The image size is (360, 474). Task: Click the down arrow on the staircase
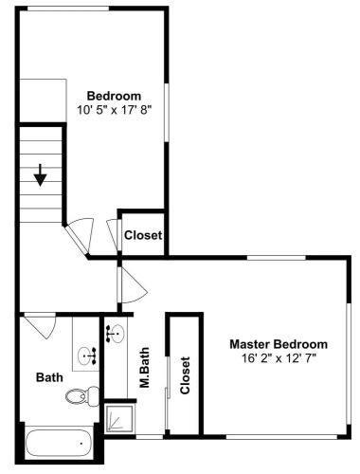41,174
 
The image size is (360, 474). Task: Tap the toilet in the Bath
82,396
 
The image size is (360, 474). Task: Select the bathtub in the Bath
59,444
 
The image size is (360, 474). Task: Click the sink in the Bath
87,356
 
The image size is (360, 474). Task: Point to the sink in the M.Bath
116,334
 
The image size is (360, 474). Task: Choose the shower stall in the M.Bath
119,419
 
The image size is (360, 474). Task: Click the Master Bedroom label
279,344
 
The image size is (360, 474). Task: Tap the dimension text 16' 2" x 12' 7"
279,358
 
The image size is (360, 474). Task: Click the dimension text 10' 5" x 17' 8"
115,110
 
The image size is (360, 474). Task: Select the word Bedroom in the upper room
114,96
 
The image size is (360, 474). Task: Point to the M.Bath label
144,368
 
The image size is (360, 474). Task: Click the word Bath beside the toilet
49,377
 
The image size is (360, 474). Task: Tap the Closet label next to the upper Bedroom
143,235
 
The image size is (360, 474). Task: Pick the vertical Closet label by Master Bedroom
185,375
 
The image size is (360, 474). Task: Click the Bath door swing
41,325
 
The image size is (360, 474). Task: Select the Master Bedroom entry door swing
133,285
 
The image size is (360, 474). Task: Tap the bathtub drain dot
81,444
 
